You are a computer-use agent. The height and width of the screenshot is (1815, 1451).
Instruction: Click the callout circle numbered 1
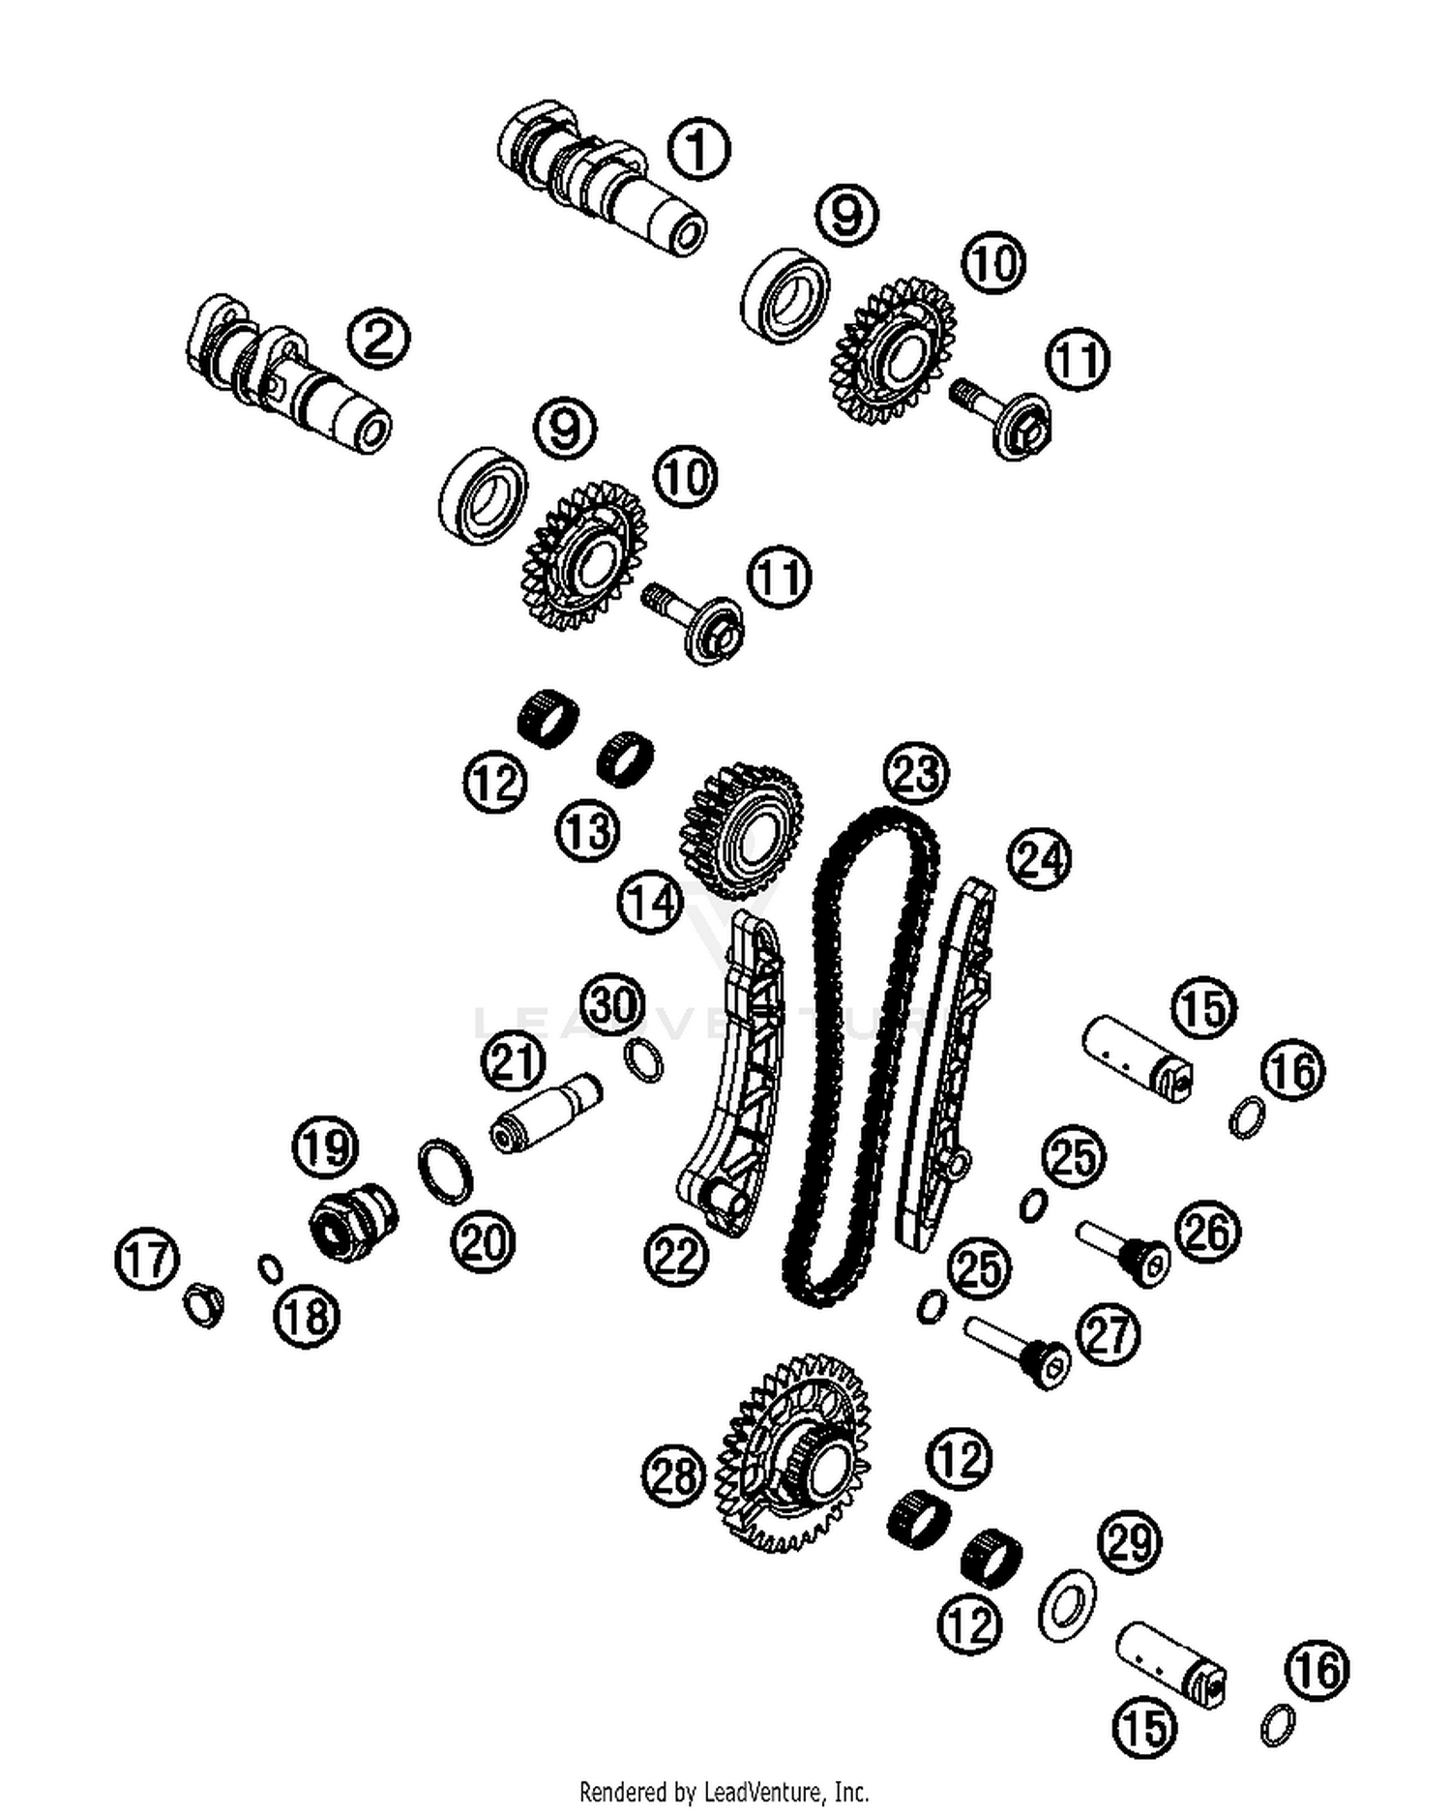[x=698, y=149]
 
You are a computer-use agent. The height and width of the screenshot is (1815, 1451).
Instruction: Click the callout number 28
[x=673, y=1476]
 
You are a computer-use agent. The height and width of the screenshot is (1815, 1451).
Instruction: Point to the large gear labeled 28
[x=793, y=1451]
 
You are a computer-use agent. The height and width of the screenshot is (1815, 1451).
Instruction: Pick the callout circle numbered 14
[x=650, y=902]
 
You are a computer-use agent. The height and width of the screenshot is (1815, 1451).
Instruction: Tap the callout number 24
[x=1039, y=859]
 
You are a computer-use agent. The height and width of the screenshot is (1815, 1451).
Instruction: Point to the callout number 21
[x=514, y=1061]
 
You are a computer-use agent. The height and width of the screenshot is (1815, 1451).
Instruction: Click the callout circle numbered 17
[x=147, y=1259]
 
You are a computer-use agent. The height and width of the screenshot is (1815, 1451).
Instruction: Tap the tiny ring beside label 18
[x=270, y=1266]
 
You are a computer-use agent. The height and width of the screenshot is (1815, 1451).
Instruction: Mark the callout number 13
[x=588, y=830]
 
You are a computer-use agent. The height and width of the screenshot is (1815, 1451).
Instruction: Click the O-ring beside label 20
[x=446, y=1172]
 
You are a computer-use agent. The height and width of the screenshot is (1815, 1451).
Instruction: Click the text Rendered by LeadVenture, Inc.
[x=724, y=1792]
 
